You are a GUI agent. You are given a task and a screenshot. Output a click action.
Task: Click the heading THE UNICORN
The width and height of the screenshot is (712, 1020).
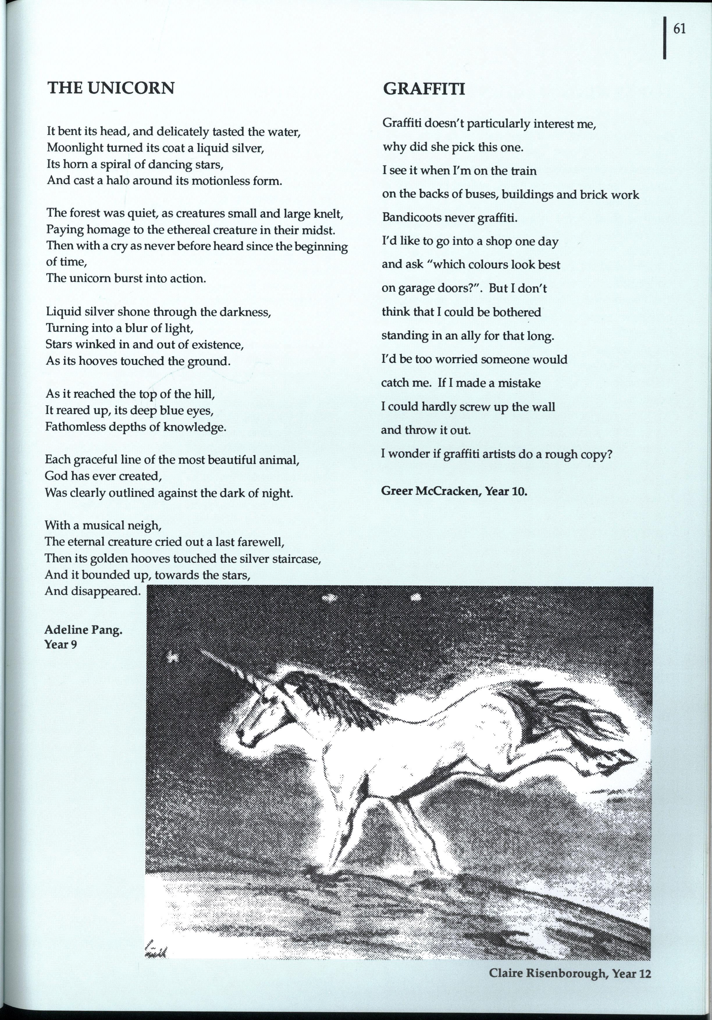point(111,88)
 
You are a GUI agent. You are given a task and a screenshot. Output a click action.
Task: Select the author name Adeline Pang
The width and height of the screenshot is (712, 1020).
point(83,630)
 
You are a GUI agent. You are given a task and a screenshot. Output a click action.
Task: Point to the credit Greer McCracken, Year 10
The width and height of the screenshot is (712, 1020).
point(454,491)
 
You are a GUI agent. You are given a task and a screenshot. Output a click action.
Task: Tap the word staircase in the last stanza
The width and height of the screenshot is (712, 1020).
point(297,559)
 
